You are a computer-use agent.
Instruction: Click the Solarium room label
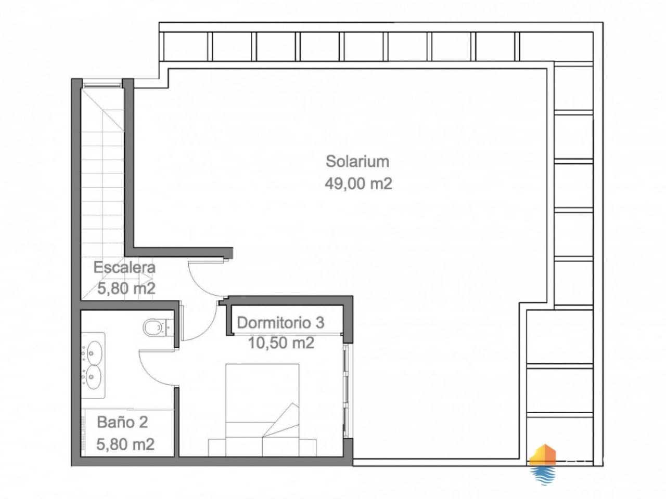357,161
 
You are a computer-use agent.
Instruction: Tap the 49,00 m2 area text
358,183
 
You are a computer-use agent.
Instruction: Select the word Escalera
124,268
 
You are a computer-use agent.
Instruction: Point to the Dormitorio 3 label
280,323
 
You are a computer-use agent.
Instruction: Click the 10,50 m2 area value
281,343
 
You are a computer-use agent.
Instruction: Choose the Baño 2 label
122,422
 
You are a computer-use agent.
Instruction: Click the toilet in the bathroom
155,327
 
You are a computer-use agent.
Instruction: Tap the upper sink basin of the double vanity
94,351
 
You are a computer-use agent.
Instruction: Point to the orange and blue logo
542,464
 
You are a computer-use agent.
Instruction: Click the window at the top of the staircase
102,83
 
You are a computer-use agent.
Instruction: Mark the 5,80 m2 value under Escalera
126,288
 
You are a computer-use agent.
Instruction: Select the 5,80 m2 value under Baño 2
125,445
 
